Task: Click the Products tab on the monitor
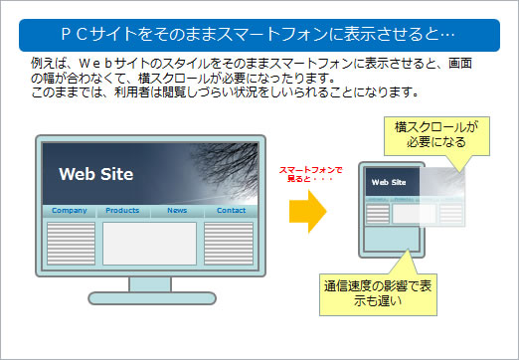click(x=122, y=211)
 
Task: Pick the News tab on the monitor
click(x=177, y=211)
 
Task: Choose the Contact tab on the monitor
click(x=231, y=211)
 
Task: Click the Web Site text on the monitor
click(x=95, y=175)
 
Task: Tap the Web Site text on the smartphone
click(x=389, y=182)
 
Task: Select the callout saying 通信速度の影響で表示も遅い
click(x=376, y=293)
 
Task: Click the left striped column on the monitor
click(x=71, y=244)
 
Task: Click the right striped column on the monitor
click(x=230, y=244)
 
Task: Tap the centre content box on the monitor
click(x=149, y=244)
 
